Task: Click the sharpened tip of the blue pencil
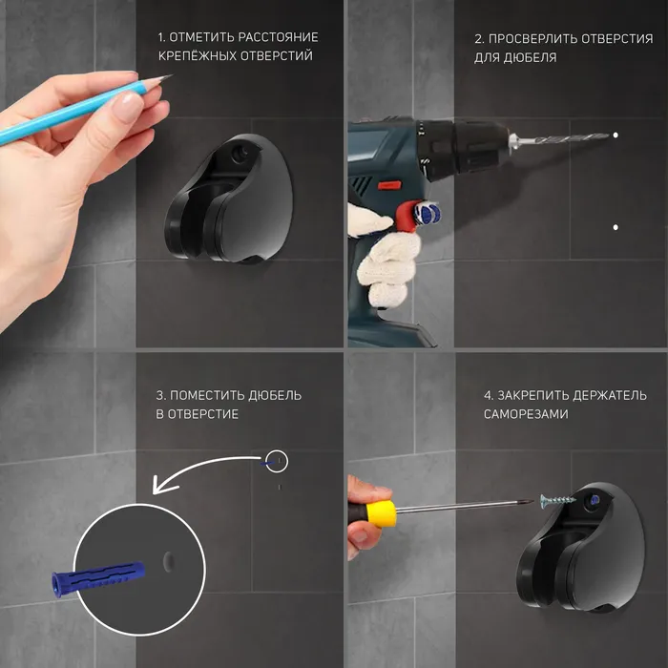(x=171, y=75)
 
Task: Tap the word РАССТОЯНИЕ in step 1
(x=279, y=37)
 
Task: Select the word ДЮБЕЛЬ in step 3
(x=275, y=395)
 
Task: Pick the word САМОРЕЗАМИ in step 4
(x=526, y=414)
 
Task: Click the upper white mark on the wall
(x=616, y=136)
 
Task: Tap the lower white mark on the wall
(x=616, y=227)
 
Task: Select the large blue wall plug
(x=98, y=578)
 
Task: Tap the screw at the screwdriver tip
(x=557, y=501)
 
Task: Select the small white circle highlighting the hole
(x=277, y=461)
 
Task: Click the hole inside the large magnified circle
(x=169, y=562)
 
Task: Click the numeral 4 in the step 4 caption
(x=488, y=396)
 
